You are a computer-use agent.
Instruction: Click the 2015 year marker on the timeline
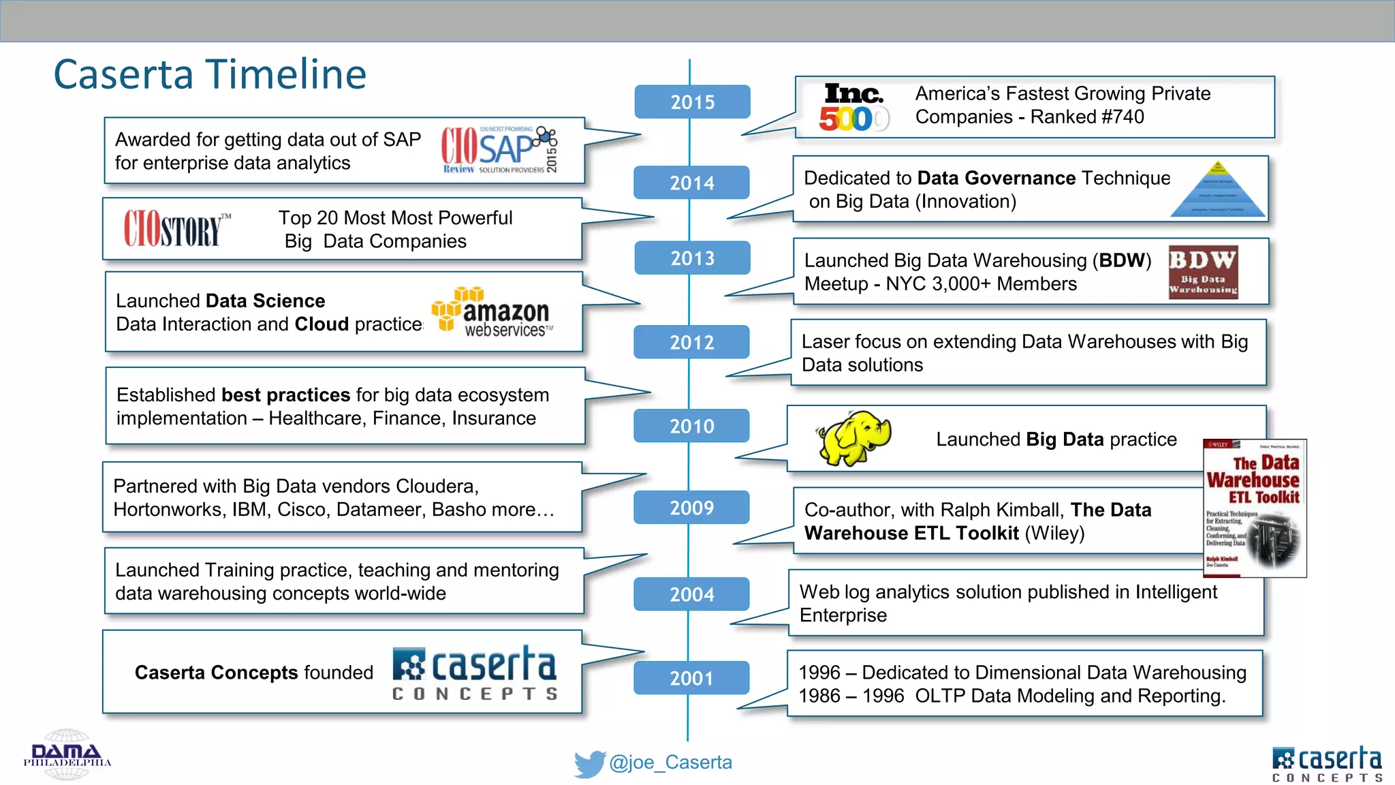coord(692,102)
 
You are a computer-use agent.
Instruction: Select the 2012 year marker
coord(691,342)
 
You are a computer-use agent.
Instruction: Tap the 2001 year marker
coord(691,678)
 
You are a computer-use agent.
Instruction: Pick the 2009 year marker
coord(691,508)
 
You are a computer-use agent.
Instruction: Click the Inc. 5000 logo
coord(853,108)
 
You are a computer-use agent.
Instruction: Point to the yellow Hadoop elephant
coord(853,438)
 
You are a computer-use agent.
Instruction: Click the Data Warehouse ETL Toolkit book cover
coord(1254,508)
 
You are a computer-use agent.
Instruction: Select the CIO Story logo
coord(176,228)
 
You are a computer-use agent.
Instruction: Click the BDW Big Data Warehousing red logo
coord(1203,273)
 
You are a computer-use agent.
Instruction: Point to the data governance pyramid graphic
coord(1218,190)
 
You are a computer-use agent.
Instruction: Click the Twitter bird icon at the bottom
coord(589,764)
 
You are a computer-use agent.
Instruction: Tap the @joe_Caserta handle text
coord(670,763)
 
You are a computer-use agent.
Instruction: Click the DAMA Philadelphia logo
coord(67,755)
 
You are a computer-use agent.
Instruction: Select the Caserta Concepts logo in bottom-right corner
coord(1326,764)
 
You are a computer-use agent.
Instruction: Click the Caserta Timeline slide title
coord(210,74)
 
